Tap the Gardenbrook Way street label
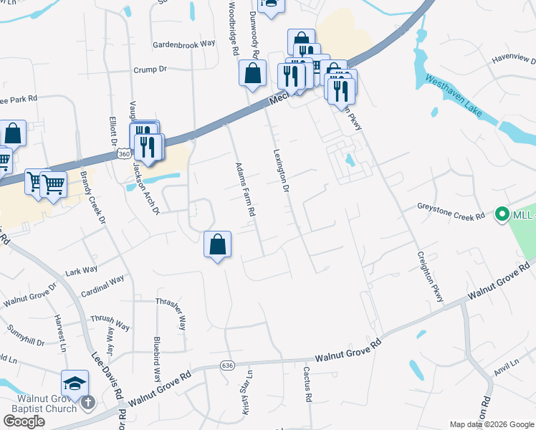tap(184, 44)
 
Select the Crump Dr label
tap(150, 70)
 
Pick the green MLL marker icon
tap(502, 214)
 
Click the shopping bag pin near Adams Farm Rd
tap(217, 245)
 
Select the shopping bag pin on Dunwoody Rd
tap(253, 72)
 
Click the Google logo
tap(24, 421)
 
